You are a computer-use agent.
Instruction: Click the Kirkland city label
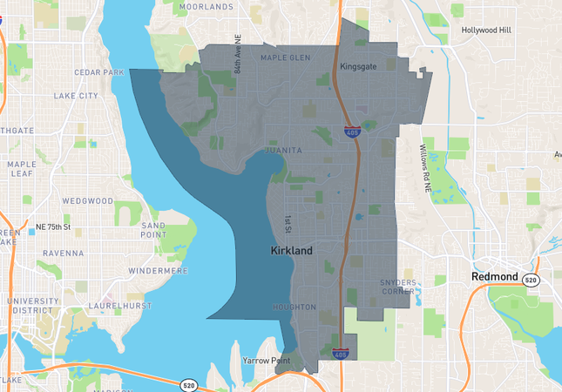click(291, 250)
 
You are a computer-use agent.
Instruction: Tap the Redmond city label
click(494, 277)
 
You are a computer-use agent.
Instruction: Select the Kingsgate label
click(358, 66)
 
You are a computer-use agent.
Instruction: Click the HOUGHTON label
click(294, 308)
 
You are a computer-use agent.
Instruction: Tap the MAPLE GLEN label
click(285, 58)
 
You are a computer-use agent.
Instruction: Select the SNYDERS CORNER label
click(398, 287)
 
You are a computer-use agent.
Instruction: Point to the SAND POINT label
click(153, 230)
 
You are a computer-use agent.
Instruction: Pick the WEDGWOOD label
click(89, 200)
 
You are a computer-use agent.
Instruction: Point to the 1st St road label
click(288, 225)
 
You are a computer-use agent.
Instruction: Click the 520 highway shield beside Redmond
click(532, 278)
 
